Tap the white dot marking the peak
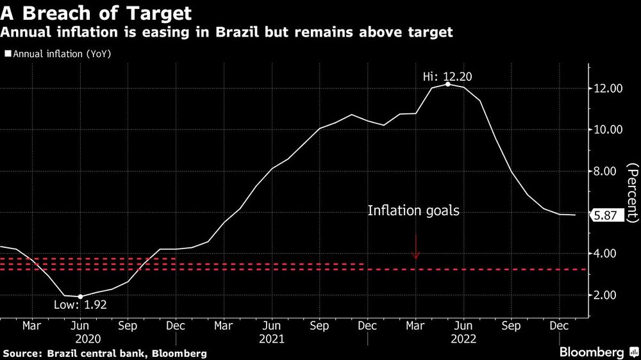(x=447, y=85)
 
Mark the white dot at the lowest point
(x=80, y=297)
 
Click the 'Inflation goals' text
(x=413, y=210)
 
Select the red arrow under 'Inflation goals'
(x=415, y=247)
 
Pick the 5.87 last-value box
(x=605, y=216)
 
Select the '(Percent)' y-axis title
(x=632, y=192)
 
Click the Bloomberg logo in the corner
(x=596, y=352)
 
